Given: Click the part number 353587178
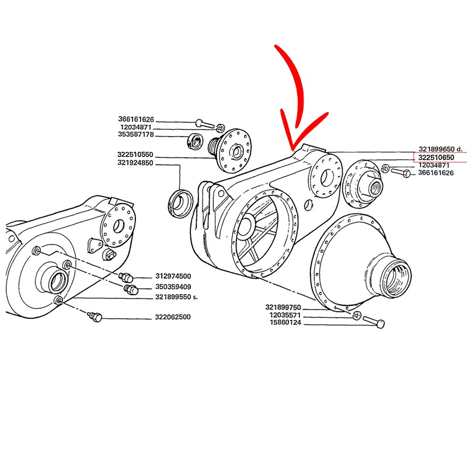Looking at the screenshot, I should pyautogui.click(x=135, y=135).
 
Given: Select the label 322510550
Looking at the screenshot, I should pyautogui.click(x=135, y=155).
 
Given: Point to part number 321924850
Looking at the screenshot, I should pyautogui.click(x=135, y=163).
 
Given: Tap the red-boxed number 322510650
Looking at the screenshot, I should pyautogui.click(x=437, y=157).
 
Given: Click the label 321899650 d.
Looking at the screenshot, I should pyautogui.click(x=440, y=149).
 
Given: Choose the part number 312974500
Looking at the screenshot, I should pyautogui.click(x=173, y=276).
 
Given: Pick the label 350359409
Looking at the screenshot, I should pyautogui.click(x=173, y=287).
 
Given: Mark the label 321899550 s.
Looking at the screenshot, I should pyautogui.click(x=176, y=297).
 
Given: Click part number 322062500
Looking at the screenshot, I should pyautogui.click(x=173, y=318).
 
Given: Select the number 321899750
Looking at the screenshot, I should pyautogui.click(x=283, y=307).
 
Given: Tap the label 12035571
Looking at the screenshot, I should pyautogui.click(x=285, y=315).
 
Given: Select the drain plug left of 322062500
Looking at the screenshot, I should pyautogui.click(x=94, y=317).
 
